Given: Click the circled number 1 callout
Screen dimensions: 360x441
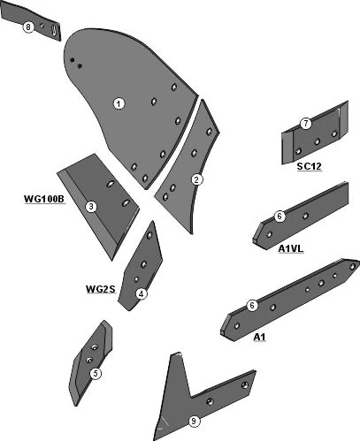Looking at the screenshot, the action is (x=119, y=103).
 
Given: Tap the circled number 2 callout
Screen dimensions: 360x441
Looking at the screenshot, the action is (x=196, y=179).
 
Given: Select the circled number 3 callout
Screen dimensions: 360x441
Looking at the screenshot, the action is (x=91, y=207).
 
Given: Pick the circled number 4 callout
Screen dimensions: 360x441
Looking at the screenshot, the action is (x=142, y=293).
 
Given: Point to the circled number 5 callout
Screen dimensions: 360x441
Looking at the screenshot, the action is (x=96, y=374).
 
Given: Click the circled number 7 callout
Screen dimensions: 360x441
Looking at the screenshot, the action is (x=306, y=124).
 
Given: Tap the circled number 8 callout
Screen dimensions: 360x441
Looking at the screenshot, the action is (x=28, y=27).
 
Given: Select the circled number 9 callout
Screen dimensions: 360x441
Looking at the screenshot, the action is (x=194, y=421).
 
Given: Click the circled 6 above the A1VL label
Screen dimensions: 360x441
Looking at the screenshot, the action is (x=280, y=217).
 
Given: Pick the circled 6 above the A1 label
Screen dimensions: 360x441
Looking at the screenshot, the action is (x=252, y=306).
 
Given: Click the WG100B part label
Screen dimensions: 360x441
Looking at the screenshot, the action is (x=44, y=199).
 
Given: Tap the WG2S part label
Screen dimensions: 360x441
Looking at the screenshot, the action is (x=101, y=289).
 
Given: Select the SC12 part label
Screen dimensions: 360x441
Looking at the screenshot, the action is (x=309, y=166).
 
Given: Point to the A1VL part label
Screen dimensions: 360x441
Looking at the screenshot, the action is (x=291, y=248).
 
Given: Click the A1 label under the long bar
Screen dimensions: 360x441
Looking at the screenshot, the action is (x=259, y=337).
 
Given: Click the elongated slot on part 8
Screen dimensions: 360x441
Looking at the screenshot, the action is (x=54, y=30).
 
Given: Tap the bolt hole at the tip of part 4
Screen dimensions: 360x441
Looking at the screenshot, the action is (x=149, y=235).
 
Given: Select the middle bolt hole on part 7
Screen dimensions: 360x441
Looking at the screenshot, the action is (x=317, y=141).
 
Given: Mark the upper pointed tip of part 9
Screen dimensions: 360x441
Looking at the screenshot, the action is (x=176, y=353).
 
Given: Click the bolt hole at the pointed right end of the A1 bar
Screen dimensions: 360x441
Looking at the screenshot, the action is (x=352, y=267).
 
